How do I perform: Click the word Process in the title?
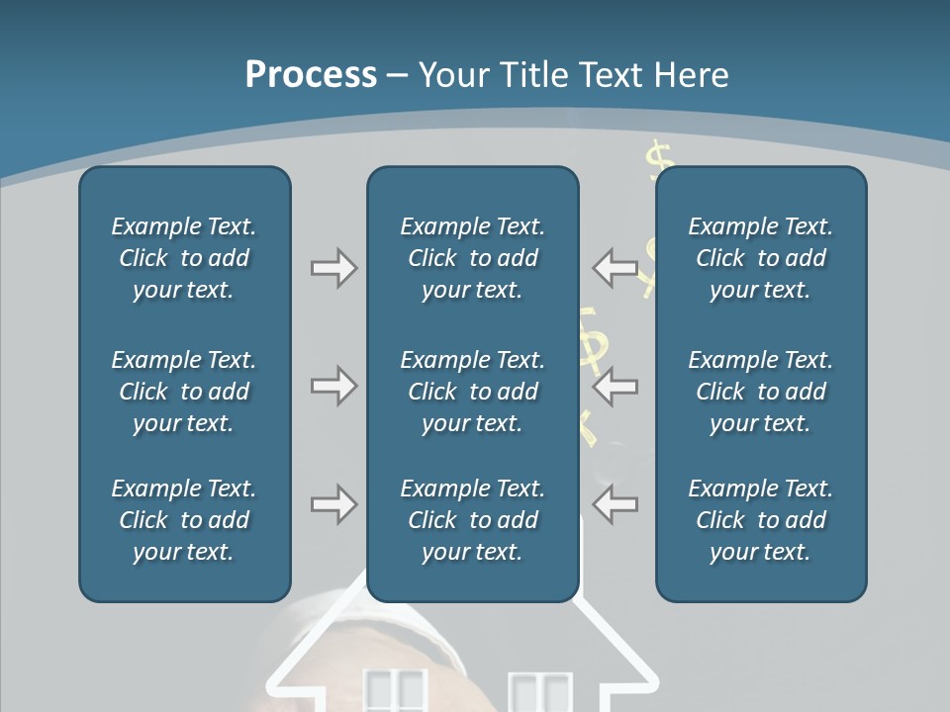tap(311, 75)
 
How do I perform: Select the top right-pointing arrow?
tap(333, 268)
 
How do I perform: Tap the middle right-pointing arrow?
tap(333, 386)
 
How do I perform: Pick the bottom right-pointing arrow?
tap(333, 504)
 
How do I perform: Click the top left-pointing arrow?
tap(616, 268)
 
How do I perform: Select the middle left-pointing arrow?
tap(616, 386)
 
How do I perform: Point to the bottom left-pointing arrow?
tap(616, 504)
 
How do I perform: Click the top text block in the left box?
tap(184, 258)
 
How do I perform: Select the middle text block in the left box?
tap(184, 392)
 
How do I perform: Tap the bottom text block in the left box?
tap(184, 520)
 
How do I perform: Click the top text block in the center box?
tap(472, 258)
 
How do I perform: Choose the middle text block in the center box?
tap(472, 392)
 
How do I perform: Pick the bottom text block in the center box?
tap(472, 520)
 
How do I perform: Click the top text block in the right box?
tap(760, 258)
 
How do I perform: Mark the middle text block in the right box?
tap(760, 392)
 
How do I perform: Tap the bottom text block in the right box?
tap(760, 520)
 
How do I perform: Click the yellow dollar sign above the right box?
tap(659, 157)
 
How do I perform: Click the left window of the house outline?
tap(395, 691)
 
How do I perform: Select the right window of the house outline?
tap(540, 692)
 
